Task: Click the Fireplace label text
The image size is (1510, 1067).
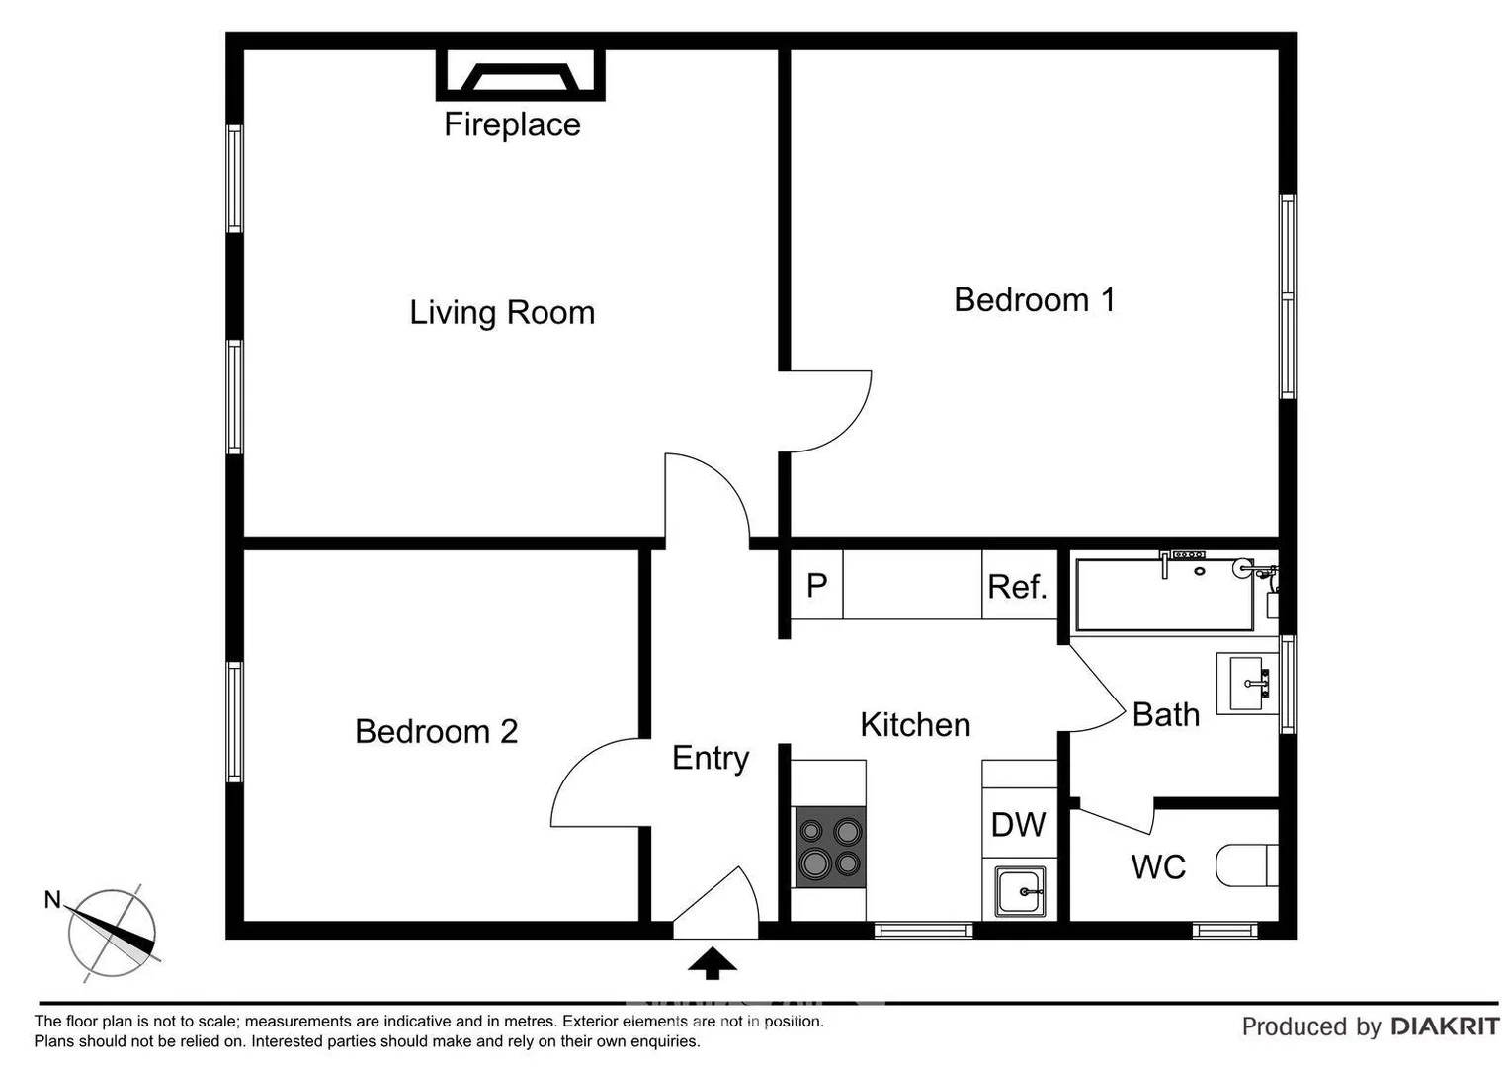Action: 512,124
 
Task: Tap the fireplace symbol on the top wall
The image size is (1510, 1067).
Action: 520,75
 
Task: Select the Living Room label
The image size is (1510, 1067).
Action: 502,312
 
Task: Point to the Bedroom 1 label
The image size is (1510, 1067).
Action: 1034,299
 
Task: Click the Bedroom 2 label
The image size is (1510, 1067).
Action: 436,731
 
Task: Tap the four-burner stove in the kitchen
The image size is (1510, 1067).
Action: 830,847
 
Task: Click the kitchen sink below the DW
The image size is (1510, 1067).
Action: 1020,892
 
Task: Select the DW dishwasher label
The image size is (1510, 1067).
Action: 1018,824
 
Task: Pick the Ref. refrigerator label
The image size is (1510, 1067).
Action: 1017,587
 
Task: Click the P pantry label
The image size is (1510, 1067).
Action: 816,586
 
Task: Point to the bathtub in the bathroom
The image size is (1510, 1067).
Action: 1163,594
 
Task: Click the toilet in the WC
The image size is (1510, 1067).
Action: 1247,865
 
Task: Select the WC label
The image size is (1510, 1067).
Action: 1158,866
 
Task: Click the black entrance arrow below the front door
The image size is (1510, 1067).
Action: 713,962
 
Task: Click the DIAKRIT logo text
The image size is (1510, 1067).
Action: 1445,1026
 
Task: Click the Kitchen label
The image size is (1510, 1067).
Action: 915,724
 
